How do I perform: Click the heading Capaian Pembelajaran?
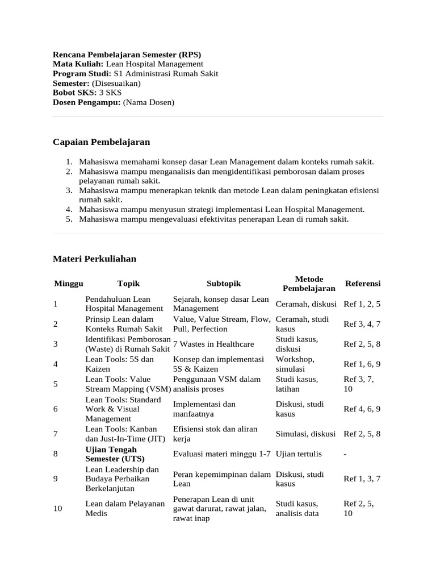pyautogui.click(x=101, y=142)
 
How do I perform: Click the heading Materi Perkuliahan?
pyautogui.click(x=94, y=259)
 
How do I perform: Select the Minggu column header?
pyautogui.click(x=69, y=284)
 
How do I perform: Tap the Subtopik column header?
pyautogui.click(x=224, y=284)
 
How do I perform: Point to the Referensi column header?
pyautogui.click(x=363, y=284)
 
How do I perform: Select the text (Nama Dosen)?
pyautogui.click(x=149, y=102)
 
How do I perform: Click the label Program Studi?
pyautogui.click(x=82, y=74)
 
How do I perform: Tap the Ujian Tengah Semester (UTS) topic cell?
pyautogui.click(x=115, y=454)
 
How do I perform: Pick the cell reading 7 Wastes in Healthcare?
pyautogui.click(x=213, y=344)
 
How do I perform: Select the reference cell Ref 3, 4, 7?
pyautogui.click(x=362, y=324)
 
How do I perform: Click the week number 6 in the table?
pyautogui.click(x=56, y=409)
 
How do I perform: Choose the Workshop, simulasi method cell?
pyautogui.click(x=295, y=364)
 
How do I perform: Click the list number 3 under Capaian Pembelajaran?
pyautogui.click(x=68, y=190)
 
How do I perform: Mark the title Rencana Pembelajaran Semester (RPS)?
pyautogui.click(x=127, y=55)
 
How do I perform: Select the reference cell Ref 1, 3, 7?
pyautogui.click(x=362, y=479)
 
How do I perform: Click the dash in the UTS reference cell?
pyautogui.click(x=345, y=454)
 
